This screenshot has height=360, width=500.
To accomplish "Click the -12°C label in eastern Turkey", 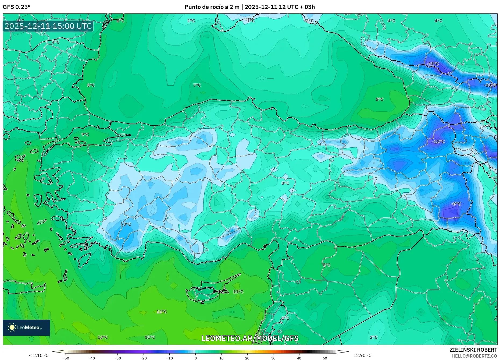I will pyautogui.click(x=438, y=142).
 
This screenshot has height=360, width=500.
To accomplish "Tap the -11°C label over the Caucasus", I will pyautogui.click(x=433, y=64).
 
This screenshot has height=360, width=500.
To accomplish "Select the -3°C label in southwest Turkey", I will pyautogui.click(x=126, y=224).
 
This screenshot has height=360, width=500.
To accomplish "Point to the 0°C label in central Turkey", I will pyautogui.click(x=285, y=183).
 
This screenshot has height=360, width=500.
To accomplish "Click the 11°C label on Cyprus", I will pyautogui.click(x=238, y=292).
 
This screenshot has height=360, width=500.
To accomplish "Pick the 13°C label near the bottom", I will pyautogui.click(x=103, y=337).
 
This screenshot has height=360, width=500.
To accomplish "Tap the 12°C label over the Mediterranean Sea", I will pyautogui.click(x=162, y=312).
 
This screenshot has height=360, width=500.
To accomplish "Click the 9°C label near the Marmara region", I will pyautogui.click(x=85, y=135).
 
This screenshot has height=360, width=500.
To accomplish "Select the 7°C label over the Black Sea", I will pyautogui.click(x=197, y=85).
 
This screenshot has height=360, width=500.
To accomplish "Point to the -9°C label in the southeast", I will pyautogui.click(x=456, y=204).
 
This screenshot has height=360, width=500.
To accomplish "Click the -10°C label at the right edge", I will pyautogui.click(x=490, y=85).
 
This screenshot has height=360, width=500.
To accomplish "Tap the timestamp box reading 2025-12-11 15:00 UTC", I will pyautogui.click(x=48, y=26).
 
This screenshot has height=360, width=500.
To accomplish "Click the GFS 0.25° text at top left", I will pyautogui.click(x=17, y=7).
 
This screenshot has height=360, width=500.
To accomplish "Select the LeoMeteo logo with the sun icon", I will pyautogui.click(x=26, y=327).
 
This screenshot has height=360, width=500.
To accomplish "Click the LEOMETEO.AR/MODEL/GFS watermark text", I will pyautogui.click(x=250, y=338).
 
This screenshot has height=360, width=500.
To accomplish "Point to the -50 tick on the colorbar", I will pyautogui.click(x=66, y=358).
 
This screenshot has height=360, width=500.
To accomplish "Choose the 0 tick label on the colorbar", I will pyautogui.click(x=195, y=358).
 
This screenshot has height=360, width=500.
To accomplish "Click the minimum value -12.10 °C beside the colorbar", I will pyautogui.click(x=39, y=355).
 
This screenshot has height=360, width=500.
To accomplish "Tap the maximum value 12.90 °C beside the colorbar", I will pyautogui.click(x=362, y=355).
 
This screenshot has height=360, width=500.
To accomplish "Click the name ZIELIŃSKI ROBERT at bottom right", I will pyautogui.click(x=473, y=350).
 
